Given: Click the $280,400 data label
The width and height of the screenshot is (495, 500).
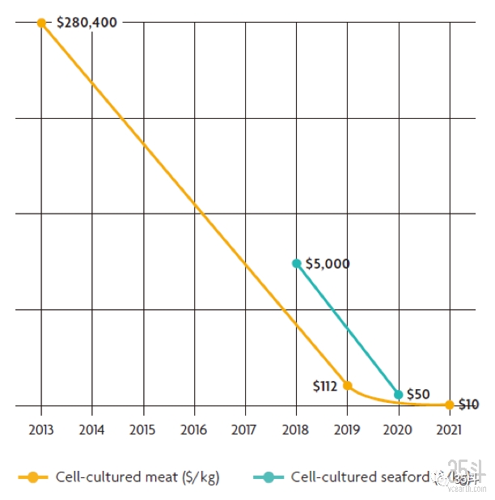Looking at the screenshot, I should (86, 23).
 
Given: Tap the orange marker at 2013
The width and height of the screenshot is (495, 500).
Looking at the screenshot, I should (41, 23).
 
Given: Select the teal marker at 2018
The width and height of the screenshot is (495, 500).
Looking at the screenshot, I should (297, 263).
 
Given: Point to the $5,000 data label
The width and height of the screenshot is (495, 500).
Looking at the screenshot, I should (328, 264).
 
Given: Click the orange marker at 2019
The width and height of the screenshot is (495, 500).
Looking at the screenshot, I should (348, 385).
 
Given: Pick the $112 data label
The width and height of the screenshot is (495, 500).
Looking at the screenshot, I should (324, 386).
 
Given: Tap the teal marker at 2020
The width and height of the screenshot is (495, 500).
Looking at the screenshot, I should (398, 395).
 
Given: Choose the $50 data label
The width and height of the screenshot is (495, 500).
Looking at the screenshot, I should (418, 394).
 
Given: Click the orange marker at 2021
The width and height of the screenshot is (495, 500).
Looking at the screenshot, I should (449, 405).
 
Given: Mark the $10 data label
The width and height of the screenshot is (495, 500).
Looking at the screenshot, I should (469, 405).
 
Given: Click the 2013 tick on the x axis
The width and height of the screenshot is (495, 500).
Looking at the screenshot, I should (41, 430).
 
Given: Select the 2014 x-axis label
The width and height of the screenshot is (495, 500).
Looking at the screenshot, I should (92, 430).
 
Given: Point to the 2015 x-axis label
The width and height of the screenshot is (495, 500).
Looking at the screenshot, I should (143, 430).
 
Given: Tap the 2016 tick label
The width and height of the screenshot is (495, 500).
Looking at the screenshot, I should (194, 430).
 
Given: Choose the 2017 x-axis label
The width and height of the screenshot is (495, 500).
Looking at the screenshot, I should (245, 430).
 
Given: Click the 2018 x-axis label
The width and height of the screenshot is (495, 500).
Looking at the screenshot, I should (296, 430).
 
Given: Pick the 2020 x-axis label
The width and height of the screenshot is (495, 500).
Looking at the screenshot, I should (398, 430).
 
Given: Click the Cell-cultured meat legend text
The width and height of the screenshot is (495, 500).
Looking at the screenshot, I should (137, 477).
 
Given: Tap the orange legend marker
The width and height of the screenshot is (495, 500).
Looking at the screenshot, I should (33, 477).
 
